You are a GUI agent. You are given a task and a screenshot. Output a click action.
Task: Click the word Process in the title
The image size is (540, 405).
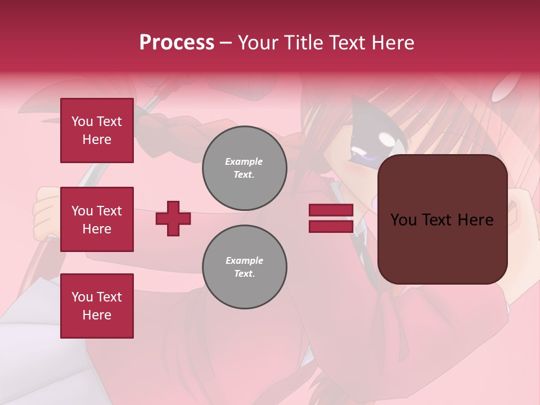(177, 43)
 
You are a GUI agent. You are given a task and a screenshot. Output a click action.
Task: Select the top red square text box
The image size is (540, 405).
(97, 130)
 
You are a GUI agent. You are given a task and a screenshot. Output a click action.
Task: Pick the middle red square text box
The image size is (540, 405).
(97, 219)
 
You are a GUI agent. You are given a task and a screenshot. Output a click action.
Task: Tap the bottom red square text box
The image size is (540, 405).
(97, 306)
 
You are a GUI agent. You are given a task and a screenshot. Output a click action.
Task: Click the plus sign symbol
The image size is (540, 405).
(173, 218)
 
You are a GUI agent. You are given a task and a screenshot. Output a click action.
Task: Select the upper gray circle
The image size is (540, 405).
(244, 168)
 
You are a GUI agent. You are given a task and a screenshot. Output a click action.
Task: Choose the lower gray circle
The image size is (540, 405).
(244, 267)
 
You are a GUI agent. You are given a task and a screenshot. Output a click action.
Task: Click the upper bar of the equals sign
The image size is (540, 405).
(331, 210)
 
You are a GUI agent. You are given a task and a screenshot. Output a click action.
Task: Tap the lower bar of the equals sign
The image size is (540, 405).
(331, 226)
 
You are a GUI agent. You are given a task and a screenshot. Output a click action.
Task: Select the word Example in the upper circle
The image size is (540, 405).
(244, 161)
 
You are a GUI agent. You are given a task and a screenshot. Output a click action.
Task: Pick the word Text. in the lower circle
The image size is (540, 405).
(244, 274)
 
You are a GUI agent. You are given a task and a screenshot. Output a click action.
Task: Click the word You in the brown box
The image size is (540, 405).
(403, 220)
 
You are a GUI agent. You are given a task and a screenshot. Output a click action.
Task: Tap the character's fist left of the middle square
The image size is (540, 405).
(45, 217)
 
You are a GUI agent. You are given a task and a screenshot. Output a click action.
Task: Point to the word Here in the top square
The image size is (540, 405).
(97, 139)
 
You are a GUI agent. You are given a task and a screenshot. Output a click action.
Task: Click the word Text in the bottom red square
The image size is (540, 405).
(109, 297)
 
